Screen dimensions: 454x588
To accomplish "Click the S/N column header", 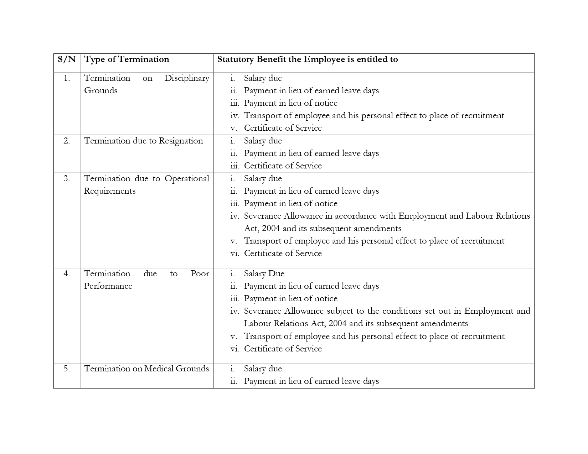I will [67, 59].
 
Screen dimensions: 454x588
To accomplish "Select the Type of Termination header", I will [127, 59].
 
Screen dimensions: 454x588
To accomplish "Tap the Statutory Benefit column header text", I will [307, 59].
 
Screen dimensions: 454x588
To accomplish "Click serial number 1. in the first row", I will [67, 78].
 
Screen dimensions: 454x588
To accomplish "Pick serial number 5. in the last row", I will [67, 369].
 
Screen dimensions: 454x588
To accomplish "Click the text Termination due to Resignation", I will [143, 141].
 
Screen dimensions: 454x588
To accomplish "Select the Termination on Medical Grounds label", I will [146, 369].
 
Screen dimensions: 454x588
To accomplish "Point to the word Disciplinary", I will [187, 78].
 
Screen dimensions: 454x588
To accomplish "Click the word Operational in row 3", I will [187, 179].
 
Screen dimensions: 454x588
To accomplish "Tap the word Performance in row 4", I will [108, 286].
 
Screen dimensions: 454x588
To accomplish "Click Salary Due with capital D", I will [264, 274].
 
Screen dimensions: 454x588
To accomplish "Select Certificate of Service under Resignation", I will [283, 166].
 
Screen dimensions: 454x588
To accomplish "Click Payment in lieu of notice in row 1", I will [290, 103].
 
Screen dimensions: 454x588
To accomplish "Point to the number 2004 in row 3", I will [271, 229].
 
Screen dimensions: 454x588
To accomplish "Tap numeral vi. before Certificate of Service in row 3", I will [234, 254].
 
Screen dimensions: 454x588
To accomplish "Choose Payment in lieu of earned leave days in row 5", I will [311, 381].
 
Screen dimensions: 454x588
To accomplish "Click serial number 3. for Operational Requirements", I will [67, 179].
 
